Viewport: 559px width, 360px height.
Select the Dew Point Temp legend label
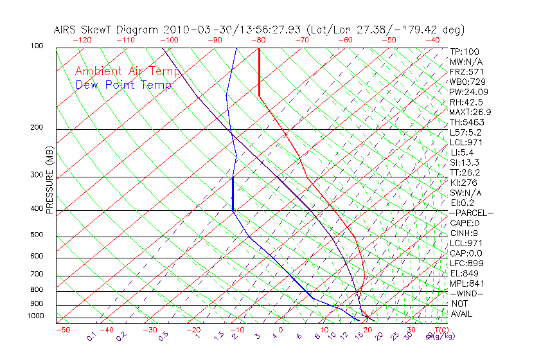click(x=123, y=85)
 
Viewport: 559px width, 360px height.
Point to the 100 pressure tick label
click(x=37, y=46)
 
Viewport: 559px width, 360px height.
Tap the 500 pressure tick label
click(x=37, y=235)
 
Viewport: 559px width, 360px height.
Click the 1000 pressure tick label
click(x=35, y=316)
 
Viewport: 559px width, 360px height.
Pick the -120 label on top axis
click(x=82, y=40)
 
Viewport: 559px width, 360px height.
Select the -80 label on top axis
click(x=258, y=40)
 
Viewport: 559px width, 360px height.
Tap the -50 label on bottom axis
click(x=62, y=330)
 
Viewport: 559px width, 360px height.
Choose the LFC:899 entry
click(x=466, y=264)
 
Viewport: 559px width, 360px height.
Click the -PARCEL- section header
click(x=471, y=213)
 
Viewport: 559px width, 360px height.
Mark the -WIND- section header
click(x=466, y=294)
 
